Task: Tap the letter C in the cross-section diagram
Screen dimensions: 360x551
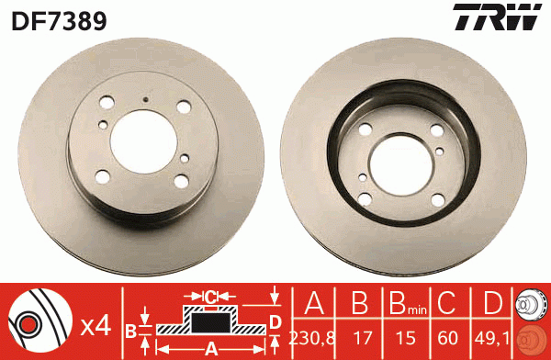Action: (x=210, y=297)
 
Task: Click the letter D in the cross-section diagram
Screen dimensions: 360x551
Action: (x=275, y=321)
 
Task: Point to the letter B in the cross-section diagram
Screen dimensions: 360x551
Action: (x=131, y=330)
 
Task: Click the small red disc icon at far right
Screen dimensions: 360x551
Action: (x=530, y=339)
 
